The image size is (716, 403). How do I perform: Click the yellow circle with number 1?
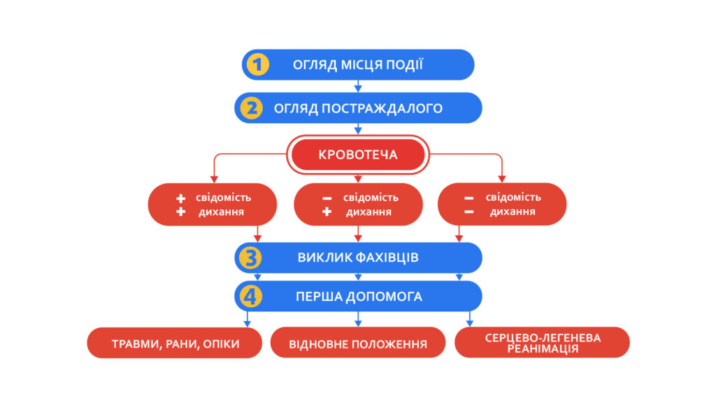tap(258, 64)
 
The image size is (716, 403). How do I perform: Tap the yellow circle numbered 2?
tap(251, 108)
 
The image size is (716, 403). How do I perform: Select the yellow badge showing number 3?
tap(250, 257)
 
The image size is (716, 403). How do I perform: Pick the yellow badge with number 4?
tap(251, 297)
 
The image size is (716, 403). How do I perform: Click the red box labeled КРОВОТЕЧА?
tap(358, 155)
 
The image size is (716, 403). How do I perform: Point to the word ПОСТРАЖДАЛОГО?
tap(382, 108)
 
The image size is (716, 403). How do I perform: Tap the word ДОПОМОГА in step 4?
tap(384, 297)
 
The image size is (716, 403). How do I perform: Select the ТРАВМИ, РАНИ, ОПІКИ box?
tap(174, 343)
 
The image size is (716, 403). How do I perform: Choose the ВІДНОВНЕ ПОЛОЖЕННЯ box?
tap(358, 343)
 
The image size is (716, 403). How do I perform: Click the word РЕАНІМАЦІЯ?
tap(543, 349)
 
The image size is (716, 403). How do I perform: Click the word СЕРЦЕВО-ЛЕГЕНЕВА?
tap(543, 338)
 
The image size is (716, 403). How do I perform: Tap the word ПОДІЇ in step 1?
tap(405, 64)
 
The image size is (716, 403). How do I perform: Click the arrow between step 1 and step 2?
tap(358, 86)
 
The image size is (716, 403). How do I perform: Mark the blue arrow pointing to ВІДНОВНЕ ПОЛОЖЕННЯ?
tap(358, 319)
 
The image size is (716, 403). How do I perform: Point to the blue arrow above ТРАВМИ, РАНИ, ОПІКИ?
tap(247, 319)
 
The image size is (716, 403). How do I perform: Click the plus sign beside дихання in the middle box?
tap(327, 211)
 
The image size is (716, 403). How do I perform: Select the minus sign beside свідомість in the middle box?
tap(327, 198)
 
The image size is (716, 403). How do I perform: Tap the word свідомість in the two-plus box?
tap(223, 197)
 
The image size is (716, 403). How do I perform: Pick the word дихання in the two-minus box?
tap(513, 211)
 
